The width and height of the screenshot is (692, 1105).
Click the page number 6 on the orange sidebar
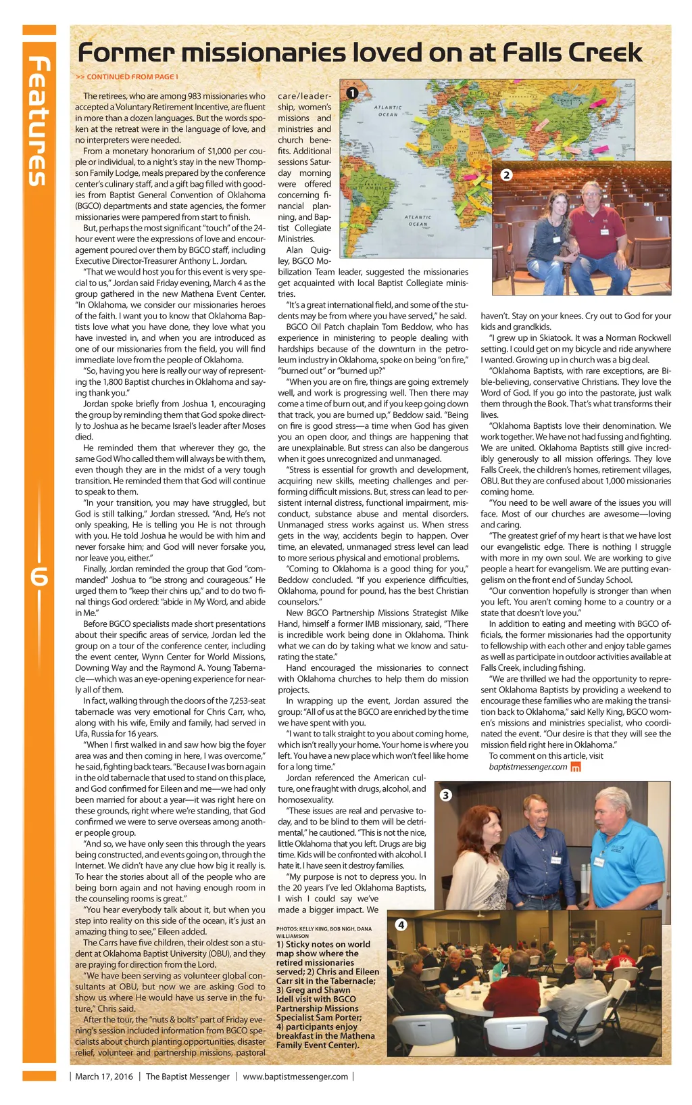pyautogui.click(x=39, y=579)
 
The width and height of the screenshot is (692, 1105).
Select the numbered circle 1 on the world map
pyautogui.click(x=351, y=93)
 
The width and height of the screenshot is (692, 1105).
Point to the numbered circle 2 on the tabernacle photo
pyautogui.click(x=506, y=174)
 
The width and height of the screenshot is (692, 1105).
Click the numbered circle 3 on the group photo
pyautogui.click(x=445, y=795)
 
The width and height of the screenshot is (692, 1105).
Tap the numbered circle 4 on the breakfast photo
pyautogui.click(x=401, y=924)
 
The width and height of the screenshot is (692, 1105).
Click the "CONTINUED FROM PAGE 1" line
pyautogui.click(x=128, y=77)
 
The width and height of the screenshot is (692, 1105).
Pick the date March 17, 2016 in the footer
pyautogui.click(x=104, y=1076)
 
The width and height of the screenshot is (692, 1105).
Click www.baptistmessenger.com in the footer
pyautogui.click(x=295, y=1076)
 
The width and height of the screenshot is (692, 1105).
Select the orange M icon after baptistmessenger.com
pyautogui.click(x=576, y=767)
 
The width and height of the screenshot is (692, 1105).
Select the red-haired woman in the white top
pyautogui.click(x=481, y=859)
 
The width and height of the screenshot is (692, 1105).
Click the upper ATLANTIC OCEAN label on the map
pyautogui.click(x=388, y=111)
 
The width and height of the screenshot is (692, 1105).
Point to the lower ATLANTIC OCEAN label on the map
pyautogui.click(x=418, y=220)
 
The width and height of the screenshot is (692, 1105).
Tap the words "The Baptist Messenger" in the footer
pyautogui.click(x=187, y=1076)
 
